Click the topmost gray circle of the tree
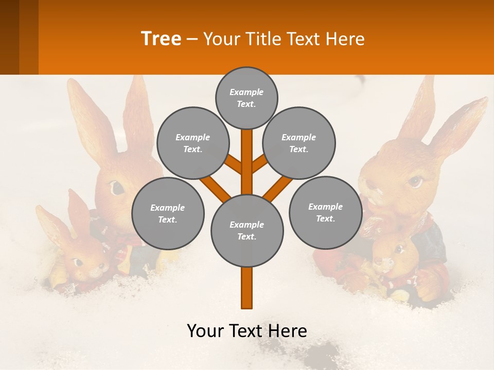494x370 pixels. coord(246,98)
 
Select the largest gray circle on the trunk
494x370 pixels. coord(247,231)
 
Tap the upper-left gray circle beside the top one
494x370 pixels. coord(192,143)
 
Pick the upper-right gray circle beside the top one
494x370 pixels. coord(299,143)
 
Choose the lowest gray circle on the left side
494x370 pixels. coord(168,213)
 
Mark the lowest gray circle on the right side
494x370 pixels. coord(326,212)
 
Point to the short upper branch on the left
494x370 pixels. coord(234,164)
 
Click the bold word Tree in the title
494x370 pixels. coord(161,39)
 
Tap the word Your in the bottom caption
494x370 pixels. coord(206,331)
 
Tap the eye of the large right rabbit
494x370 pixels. coord(415,181)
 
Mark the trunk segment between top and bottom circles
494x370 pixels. coord(247,162)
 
